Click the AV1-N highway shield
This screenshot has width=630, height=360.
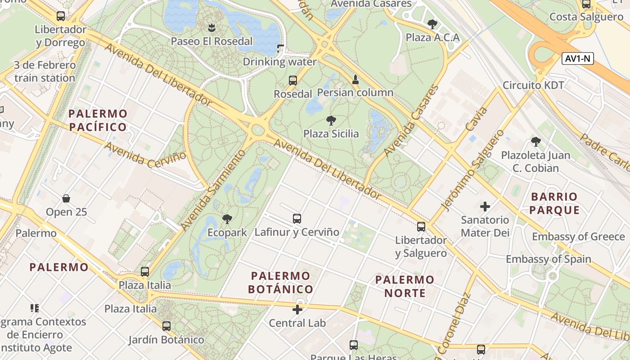tap(578, 58)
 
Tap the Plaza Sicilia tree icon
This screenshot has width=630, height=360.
tap(331, 121)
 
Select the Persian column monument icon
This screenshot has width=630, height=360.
tap(355, 80)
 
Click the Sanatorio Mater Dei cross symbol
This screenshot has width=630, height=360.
tap(485, 207)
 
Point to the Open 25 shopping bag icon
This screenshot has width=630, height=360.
tap(66, 198)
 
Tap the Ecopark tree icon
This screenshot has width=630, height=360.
tap(227, 219)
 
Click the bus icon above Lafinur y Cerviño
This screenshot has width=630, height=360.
tap(297, 219)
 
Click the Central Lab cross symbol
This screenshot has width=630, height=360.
tap(297, 310)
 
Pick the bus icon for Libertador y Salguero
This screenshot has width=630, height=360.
tap(421, 227)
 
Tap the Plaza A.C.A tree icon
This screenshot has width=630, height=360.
tap(432, 24)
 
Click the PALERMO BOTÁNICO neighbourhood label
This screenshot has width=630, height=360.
tap(281, 282)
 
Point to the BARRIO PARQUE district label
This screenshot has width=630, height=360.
tap(554, 203)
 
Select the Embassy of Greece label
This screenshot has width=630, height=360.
tap(578, 237)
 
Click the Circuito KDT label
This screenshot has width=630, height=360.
tap(533, 85)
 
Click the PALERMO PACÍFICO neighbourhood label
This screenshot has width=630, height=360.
tap(98, 120)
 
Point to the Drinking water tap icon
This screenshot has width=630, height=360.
tap(281, 48)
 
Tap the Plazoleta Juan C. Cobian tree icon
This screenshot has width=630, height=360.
tap(535, 142)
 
